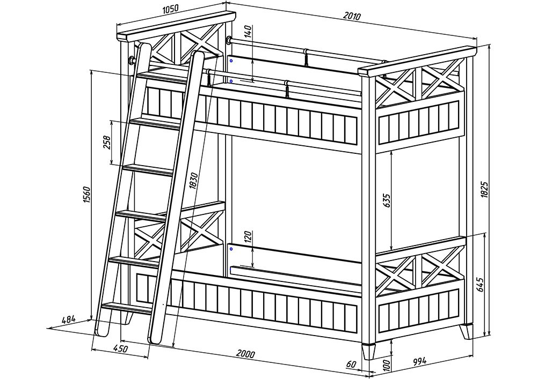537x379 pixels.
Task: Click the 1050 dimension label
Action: coord(170,9)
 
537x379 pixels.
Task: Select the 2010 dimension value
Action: coord(352,16)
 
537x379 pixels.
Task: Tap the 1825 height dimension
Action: coord(484,189)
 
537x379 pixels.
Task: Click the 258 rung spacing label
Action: coord(107,142)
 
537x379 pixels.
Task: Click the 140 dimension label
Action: coord(249,32)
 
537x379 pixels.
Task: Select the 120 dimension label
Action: coord(248,236)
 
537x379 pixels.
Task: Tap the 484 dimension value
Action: coord(69,320)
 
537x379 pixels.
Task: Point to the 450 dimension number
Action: coord(120,348)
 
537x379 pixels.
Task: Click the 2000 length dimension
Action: coord(245,354)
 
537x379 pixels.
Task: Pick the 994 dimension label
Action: coord(419,361)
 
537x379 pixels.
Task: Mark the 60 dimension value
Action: coord(351,365)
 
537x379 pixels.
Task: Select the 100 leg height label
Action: coord(386,365)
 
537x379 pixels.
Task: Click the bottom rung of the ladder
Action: coord(127,308)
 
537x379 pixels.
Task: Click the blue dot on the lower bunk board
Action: coord(231,249)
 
